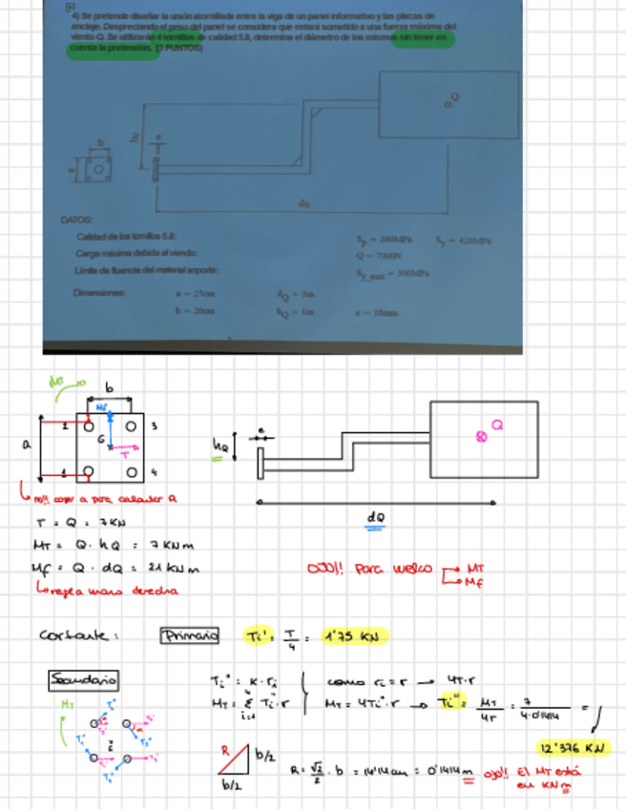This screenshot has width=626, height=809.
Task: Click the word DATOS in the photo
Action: click(x=75, y=219)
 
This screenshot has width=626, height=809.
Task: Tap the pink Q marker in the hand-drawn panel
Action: click(x=482, y=436)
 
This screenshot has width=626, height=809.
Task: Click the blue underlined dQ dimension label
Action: click(x=374, y=516)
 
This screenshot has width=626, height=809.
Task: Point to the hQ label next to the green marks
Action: click(x=220, y=444)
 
